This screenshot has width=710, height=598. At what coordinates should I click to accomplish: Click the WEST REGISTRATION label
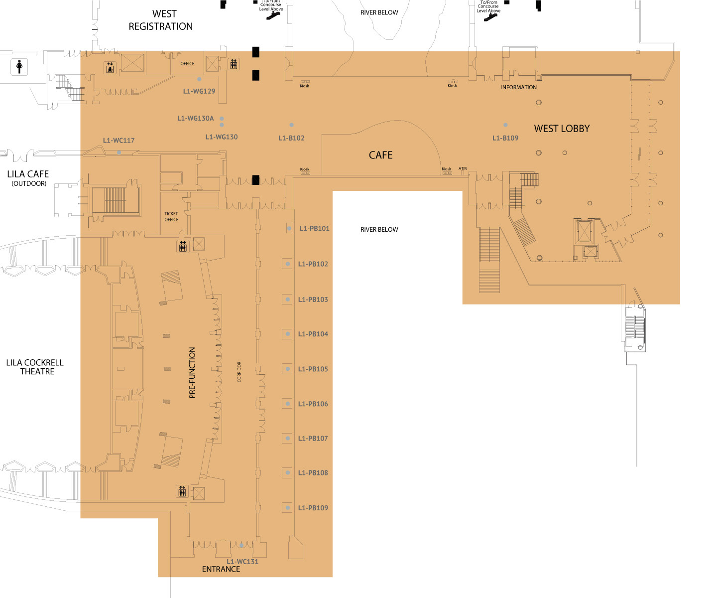[160, 20]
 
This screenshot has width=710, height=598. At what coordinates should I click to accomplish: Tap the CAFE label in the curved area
[380, 155]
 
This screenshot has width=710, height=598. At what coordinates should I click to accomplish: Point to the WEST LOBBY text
[562, 129]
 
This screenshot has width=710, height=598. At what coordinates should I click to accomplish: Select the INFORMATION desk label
[518, 88]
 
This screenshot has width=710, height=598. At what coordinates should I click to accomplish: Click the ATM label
[463, 168]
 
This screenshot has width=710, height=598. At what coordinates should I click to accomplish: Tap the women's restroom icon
[19, 66]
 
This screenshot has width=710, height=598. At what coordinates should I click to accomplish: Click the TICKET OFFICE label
[171, 216]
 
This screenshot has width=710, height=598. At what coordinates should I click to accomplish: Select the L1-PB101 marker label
[314, 229]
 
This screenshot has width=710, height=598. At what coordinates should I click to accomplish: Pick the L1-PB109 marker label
[313, 508]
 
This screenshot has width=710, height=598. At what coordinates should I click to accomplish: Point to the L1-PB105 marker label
[313, 369]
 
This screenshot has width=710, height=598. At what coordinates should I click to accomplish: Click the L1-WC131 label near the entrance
[242, 562]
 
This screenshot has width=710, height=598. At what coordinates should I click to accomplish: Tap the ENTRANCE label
[221, 569]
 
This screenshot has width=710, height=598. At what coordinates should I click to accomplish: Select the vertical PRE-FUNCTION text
[192, 373]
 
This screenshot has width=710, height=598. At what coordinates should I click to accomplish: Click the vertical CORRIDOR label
[239, 372]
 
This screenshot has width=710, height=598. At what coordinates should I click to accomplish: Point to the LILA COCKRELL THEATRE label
[35, 367]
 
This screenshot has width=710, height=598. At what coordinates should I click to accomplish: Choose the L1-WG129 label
[199, 91]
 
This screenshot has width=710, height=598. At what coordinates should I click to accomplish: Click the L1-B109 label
[505, 138]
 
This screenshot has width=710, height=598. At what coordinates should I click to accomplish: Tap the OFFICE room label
[187, 64]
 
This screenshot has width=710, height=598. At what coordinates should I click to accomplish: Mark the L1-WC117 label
[118, 140]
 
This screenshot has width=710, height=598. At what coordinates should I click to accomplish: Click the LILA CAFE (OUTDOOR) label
[28, 178]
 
